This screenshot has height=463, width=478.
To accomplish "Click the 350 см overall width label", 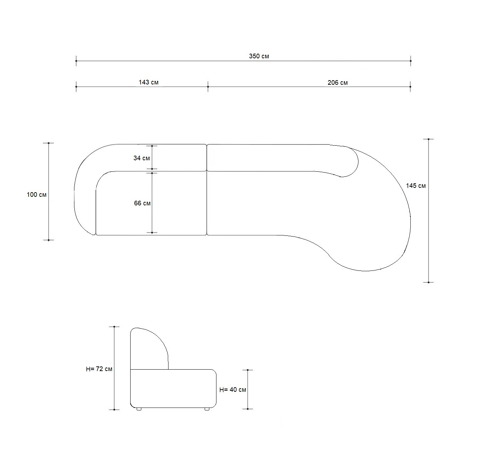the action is click(x=259, y=56).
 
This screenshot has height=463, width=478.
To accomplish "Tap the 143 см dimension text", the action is click(x=148, y=82).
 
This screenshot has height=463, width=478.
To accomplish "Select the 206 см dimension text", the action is click(x=337, y=83).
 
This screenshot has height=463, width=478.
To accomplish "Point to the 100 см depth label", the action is click(x=36, y=195).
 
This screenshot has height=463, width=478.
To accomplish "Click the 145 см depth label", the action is click(x=416, y=186).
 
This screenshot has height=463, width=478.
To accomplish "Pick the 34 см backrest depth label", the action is click(x=141, y=158).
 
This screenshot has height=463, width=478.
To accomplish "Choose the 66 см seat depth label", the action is click(x=142, y=203).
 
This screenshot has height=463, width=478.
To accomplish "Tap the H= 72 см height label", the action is click(x=99, y=369).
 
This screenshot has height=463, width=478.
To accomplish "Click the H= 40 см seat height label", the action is click(x=233, y=390).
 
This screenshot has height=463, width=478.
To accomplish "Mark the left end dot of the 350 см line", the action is click(x=76, y=61).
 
